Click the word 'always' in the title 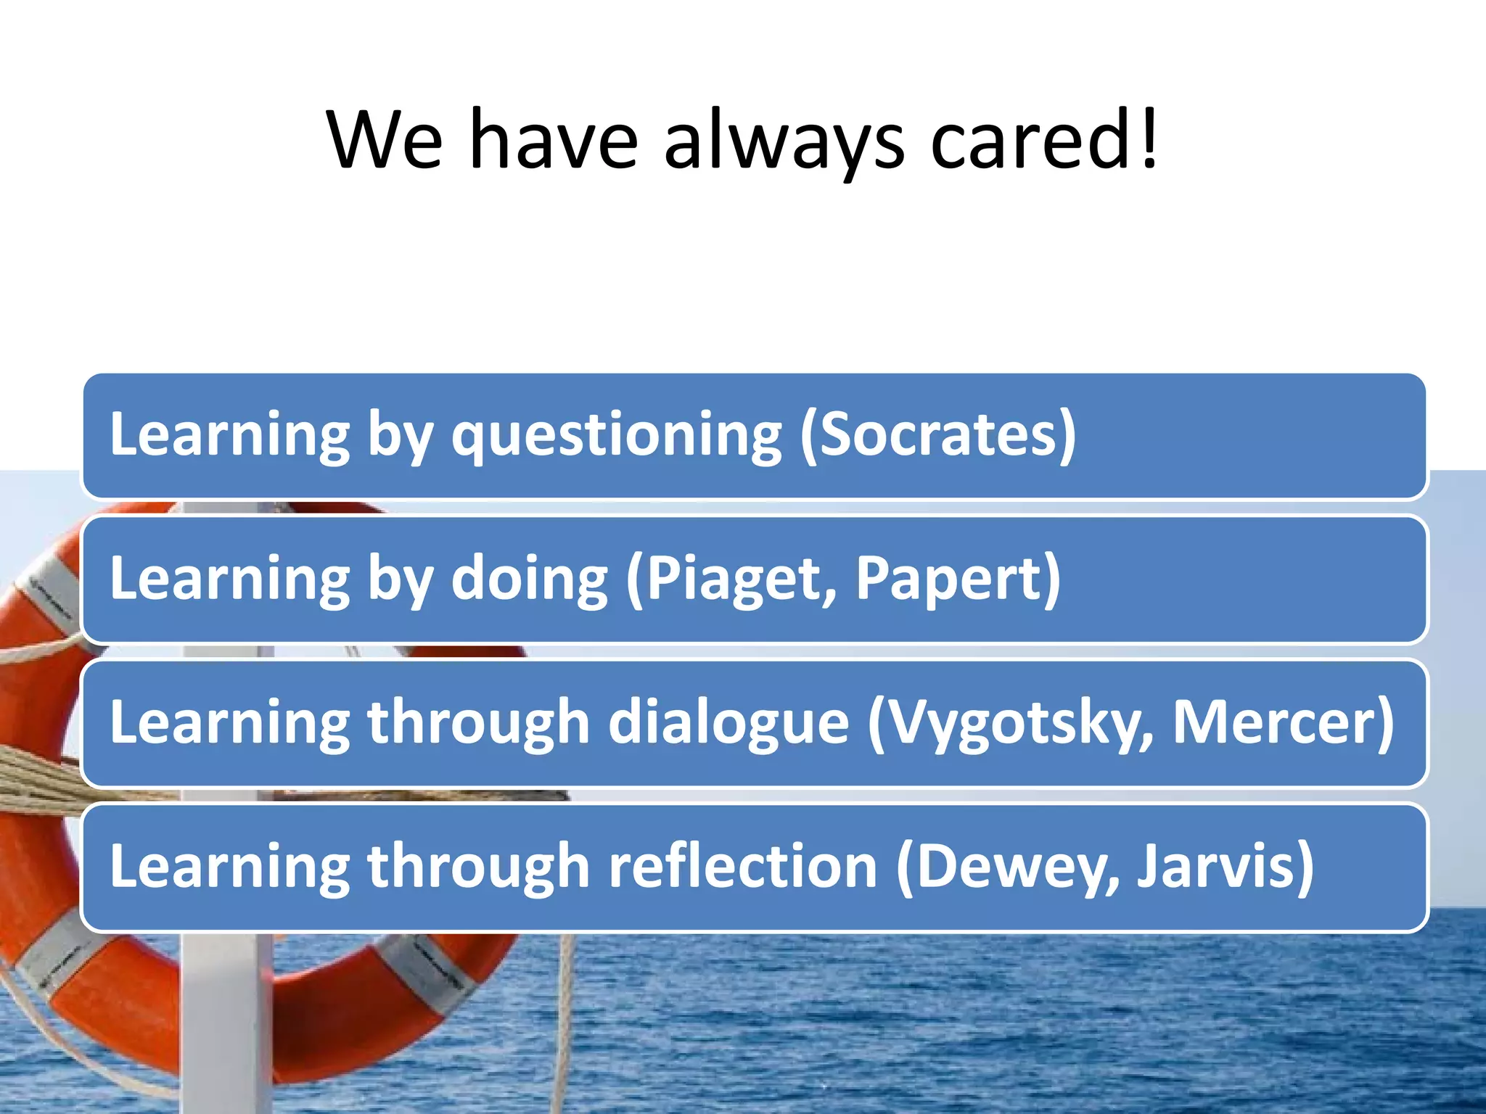coord(784,141)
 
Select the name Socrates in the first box coord(940,434)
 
